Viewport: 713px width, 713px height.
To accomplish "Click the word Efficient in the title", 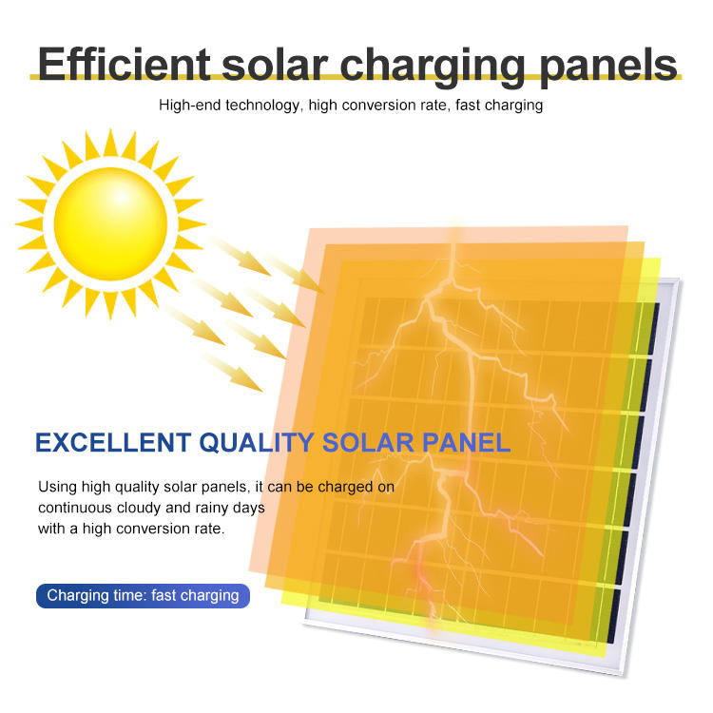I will pyautogui.click(x=124, y=64).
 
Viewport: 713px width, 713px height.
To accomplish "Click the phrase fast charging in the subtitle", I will pyautogui.click(x=499, y=106).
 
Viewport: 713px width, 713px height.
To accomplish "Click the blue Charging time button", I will pyautogui.click(x=143, y=596).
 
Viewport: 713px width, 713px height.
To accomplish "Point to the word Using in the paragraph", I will pyautogui.click(x=57, y=487).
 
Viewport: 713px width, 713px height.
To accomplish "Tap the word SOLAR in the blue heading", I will pyautogui.click(x=367, y=443).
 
